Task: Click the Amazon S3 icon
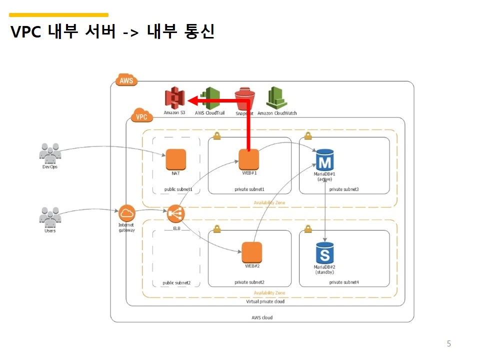[x=174, y=97]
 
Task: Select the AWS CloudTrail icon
[x=210, y=97]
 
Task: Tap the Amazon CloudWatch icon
[x=276, y=97]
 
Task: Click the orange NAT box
[x=176, y=159]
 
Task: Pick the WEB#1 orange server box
[x=248, y=159]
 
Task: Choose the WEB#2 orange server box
[x=252, y=252]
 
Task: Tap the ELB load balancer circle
[x=176, y=214]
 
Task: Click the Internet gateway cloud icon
[x=127, y=213]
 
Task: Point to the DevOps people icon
[x=50, y=153]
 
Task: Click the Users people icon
[x=50, y=216]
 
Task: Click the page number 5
[x=448, y=343]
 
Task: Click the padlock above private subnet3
[x=308, y=135]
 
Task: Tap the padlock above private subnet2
[x=217, y=228]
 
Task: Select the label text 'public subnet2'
[x=176, y=282]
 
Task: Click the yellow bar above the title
[x=58, y=15]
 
